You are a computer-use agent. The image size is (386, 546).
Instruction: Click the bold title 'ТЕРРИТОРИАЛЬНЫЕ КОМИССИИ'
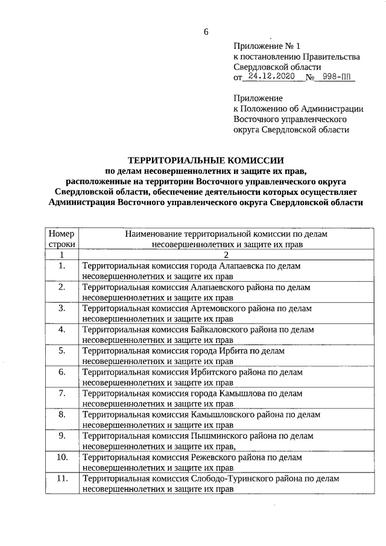click(205, 160)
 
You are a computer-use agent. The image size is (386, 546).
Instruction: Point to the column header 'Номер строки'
click(61, 239)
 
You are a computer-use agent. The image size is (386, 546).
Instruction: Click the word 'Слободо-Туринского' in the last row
click(230, 478)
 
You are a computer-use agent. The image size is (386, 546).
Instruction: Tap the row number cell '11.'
click(62, 478)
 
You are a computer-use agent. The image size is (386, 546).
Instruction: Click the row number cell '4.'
click(62, 329)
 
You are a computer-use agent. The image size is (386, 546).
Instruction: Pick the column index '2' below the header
click(209, 255)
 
